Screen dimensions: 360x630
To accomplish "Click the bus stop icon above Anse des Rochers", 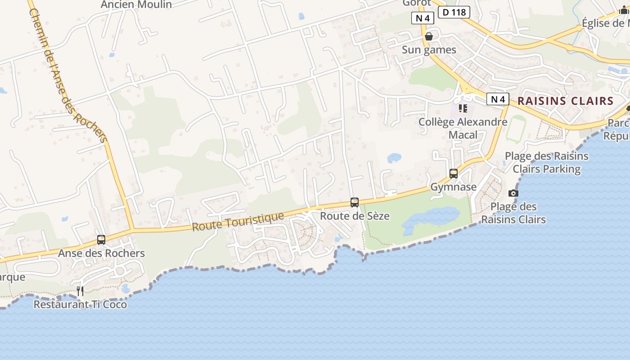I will (101, 240).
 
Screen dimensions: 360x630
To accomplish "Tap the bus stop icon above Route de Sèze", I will (355, 202).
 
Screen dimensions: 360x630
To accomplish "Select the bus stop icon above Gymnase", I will (454, 174).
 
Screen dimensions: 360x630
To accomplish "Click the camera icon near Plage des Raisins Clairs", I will (513, 193).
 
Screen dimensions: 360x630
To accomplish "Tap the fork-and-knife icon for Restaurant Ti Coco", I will (80, 291).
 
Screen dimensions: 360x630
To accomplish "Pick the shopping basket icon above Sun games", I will (429, 36).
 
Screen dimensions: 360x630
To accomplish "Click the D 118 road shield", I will (454, 12).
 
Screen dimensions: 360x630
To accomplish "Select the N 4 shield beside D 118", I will (423, 18).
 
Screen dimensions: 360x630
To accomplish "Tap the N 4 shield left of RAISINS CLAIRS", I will (498, 99).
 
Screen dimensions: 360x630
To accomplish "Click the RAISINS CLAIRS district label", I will (566, 101).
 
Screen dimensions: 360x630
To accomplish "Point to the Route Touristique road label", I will (238, 221).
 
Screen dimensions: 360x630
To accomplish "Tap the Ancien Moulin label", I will (136, 4).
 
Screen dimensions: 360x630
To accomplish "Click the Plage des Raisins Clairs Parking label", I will (547, 162).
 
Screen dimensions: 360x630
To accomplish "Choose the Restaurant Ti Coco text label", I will (80, 305).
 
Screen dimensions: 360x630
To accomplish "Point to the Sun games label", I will (429, 50).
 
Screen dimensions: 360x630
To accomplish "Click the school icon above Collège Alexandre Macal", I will (463, 108).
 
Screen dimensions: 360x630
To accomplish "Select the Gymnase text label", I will (454, 187).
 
